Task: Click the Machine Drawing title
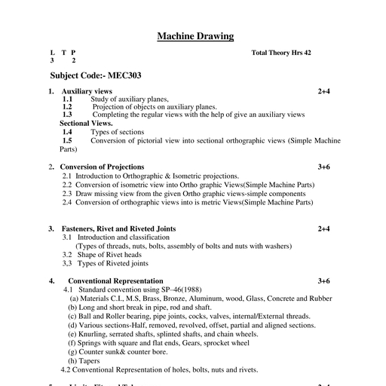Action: coord(195,36)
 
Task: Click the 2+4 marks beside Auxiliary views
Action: coord(324,91)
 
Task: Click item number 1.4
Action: coord(67,131)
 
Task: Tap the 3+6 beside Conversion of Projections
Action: coord(324,167)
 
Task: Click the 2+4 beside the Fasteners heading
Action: coord(324,228)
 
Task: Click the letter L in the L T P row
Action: coord(51,53)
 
